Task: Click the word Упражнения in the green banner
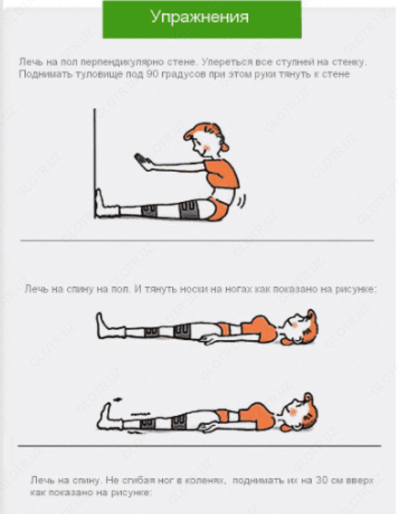point(199,17)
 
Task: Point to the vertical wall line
point(95,163)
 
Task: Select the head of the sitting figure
point(206,140)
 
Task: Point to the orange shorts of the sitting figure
point(218,209)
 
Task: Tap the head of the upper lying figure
point(299,327)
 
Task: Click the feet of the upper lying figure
point(109,326)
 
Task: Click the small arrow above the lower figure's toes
point(116,400)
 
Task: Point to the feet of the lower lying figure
point(108,416)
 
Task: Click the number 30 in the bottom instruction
point(322,480)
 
